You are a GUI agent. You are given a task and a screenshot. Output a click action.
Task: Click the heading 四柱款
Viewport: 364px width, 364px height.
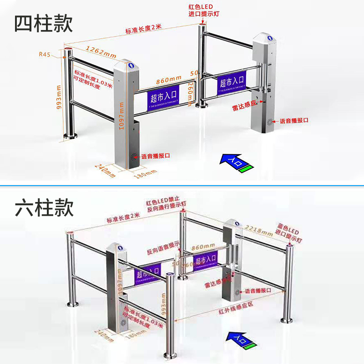coord(43,23)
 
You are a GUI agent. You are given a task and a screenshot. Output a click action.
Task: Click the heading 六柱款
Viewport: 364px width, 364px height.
coord(44,208)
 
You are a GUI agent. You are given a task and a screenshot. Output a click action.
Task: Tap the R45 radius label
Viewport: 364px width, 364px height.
coord(45,54)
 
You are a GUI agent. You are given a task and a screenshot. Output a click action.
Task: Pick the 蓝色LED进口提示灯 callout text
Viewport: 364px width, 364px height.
coord(288,232)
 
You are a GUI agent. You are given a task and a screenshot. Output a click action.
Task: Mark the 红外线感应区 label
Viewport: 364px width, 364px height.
coord(232,311)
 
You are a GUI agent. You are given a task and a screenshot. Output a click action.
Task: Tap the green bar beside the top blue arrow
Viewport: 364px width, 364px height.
coord(247,169)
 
